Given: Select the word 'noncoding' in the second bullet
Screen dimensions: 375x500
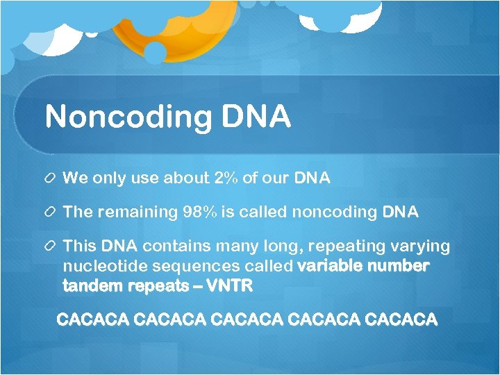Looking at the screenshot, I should pyautogui.click(x=335, y=212).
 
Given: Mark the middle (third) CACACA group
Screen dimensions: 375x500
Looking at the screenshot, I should pyautogui.click(x=247, y=320).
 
